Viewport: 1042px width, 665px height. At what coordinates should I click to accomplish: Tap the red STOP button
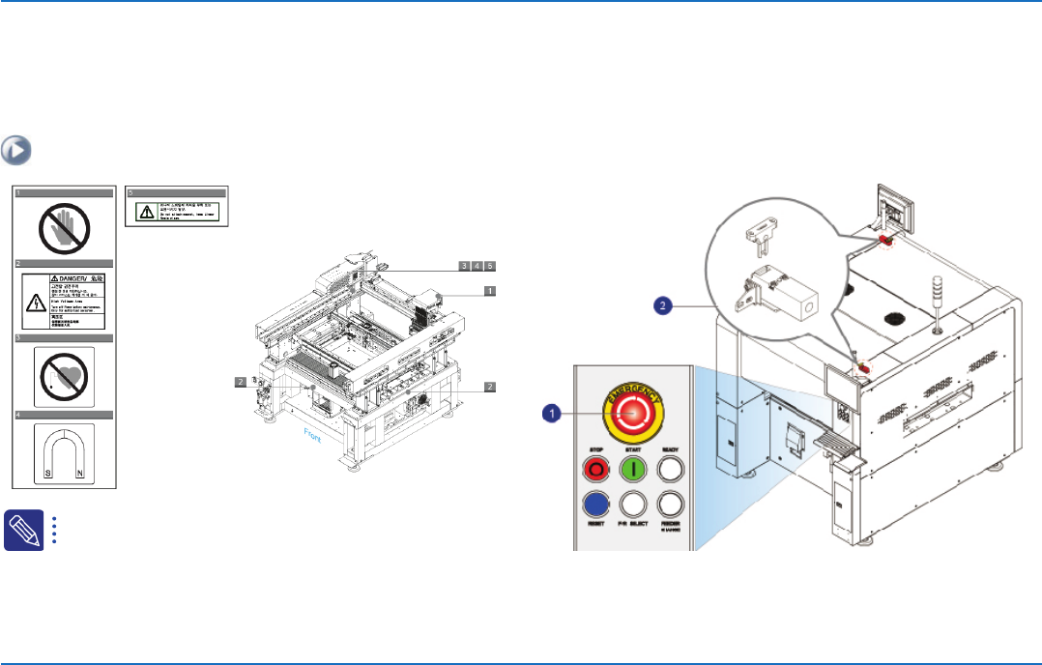click(x=594, y=470)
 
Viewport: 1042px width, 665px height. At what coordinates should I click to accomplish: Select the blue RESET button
click(x=594, y=504)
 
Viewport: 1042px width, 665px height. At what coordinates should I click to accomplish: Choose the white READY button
click(x=669, y=470)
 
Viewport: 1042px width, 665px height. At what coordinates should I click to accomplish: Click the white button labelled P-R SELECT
click(x=632, y=504)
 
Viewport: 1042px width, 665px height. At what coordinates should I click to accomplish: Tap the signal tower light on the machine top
click(x=935, y=294)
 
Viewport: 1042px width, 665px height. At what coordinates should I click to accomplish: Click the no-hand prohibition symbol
click(x=65, y=226)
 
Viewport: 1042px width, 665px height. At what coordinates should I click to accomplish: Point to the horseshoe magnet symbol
click(x=65, y=452)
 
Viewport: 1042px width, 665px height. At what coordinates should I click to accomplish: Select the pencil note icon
click(x=22, y=530)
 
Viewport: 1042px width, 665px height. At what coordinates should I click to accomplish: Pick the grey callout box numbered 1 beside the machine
click(x=490, y=290)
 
